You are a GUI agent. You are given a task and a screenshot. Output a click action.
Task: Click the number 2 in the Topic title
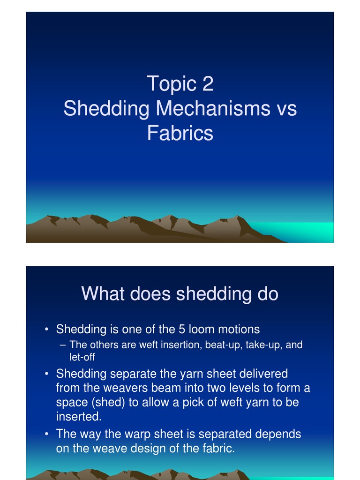pyautogui.click(x=207, y=84)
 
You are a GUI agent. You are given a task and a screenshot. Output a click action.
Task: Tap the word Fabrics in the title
pyautogui.click(x=180, y=134)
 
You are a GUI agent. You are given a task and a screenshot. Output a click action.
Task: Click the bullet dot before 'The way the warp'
pyautogui.click(x=47, y=434)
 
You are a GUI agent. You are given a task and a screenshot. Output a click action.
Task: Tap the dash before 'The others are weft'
pyautogui.click(x=63, y=345)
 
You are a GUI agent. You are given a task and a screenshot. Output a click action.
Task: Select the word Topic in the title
pyautogui.click(x=171, y=84)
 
